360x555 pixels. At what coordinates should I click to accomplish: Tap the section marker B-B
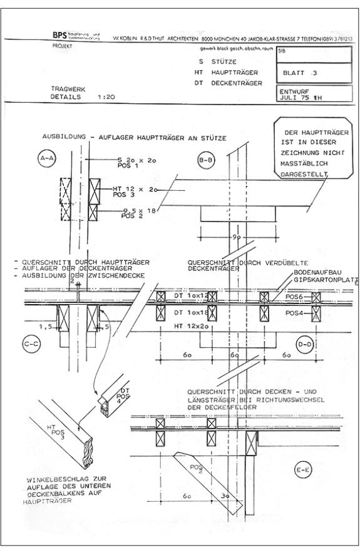click(x=205, y=161)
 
